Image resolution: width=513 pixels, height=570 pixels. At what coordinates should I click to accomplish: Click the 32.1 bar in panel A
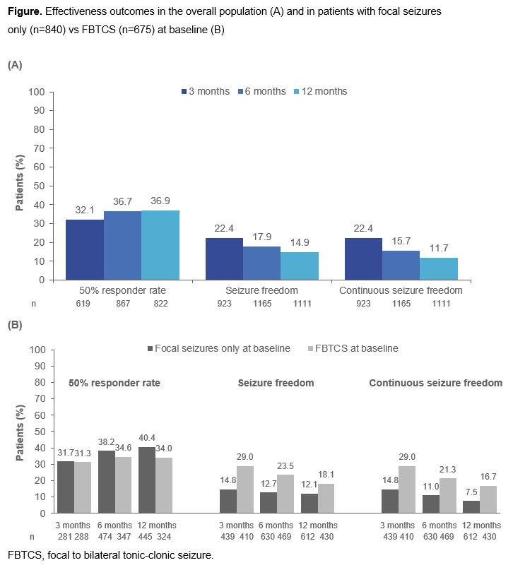[85, 249]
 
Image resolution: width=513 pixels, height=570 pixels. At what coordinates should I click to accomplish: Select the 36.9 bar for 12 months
[160, 245]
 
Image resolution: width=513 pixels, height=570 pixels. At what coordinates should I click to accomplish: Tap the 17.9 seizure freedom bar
[261, 263]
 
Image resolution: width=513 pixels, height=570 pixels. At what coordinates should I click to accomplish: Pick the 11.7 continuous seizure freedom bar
[439, 268]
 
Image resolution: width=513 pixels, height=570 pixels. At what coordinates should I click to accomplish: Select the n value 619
[84, 303]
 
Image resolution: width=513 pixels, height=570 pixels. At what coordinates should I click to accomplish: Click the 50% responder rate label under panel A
[122, 290]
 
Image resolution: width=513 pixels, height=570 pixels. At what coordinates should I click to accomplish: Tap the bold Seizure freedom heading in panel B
[276, 384]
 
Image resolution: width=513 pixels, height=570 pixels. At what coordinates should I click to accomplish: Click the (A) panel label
[15, 64]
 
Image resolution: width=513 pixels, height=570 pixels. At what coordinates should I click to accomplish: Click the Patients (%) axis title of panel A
[20, 186]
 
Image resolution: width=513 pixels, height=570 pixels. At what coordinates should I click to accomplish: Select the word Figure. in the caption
[23, 12]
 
